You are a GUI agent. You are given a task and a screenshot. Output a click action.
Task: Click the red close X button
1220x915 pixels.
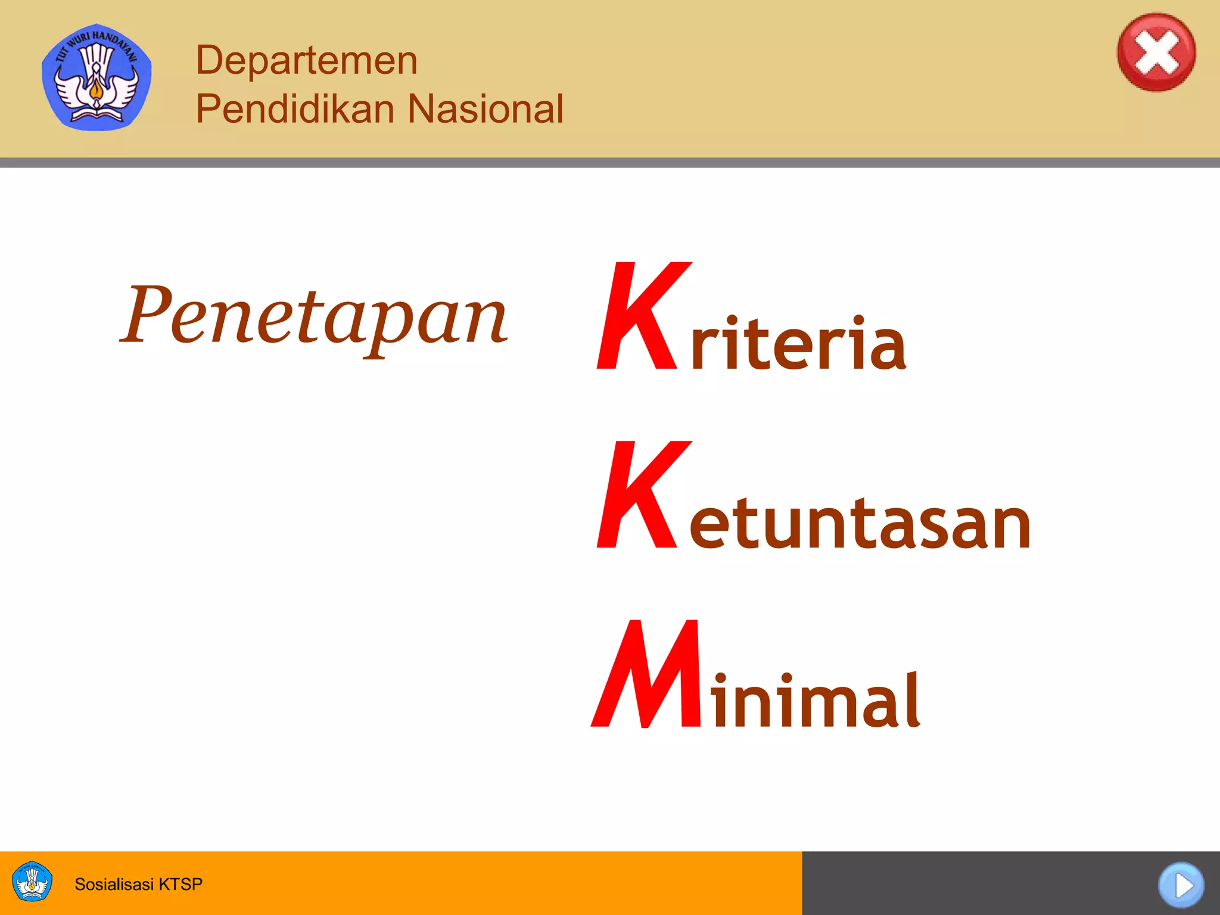1156,52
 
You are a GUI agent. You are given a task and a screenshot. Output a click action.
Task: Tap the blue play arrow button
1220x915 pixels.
1181,885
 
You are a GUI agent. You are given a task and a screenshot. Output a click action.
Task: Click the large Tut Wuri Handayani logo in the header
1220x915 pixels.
97,76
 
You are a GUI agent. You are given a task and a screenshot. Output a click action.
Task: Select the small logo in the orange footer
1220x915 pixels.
32,881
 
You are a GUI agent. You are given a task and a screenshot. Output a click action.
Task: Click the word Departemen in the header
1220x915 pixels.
307,60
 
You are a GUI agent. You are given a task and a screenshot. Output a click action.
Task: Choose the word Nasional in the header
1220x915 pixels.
485,108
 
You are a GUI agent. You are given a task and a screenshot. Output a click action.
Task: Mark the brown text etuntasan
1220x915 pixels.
860,523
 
